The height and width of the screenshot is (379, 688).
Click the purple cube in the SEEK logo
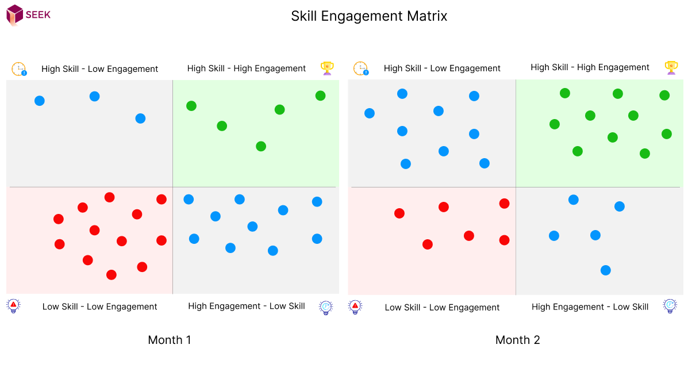(14, 14)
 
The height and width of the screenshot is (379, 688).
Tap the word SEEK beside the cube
(38, 15)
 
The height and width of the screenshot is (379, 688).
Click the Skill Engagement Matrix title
(369, 16)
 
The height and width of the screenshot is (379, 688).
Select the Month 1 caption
(170, 340)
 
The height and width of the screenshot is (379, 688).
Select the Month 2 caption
(517, 340)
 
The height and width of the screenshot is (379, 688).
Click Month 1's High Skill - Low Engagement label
(99, 69)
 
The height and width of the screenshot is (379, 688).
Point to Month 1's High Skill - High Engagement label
(246, 68)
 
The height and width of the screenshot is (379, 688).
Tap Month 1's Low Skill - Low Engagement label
(99, 307)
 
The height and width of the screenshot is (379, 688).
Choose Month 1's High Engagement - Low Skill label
(246, 306)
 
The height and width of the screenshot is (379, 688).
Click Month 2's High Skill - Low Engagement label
(442, 68)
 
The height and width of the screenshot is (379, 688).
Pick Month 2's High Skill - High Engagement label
(590, 67)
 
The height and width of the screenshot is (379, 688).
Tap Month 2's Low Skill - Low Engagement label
(442, 308)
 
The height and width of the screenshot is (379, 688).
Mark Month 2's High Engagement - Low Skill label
(590, 307)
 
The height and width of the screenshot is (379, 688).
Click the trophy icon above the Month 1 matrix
(327, 68)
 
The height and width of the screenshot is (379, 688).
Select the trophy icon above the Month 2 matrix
(671, 68)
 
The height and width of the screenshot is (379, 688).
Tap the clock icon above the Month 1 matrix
(19, 69)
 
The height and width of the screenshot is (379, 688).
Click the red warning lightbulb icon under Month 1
(14, 305)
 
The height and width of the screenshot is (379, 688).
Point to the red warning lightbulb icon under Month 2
(355, 307)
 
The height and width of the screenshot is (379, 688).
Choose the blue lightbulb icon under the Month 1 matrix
(326, 308)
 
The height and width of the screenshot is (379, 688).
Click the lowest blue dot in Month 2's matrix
(605, 270)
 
